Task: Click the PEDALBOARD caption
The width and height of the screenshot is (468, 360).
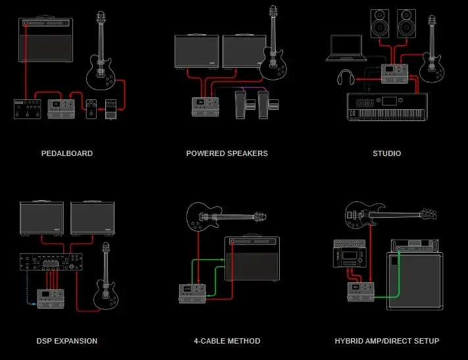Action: point(67,153)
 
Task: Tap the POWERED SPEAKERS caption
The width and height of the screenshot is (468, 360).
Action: point(227,153)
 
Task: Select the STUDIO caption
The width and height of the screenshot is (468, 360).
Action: point(386,153)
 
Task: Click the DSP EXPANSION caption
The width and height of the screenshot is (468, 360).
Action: point(67,341)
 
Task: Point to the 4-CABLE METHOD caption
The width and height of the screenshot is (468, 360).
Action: point(227,341)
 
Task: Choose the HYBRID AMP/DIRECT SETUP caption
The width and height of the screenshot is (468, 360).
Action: point(386,341)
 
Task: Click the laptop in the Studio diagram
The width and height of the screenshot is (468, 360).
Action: point(346,48)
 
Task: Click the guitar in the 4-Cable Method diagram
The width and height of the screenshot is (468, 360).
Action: point(224,216)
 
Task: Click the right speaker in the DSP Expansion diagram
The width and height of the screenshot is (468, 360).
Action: point(93,219)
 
